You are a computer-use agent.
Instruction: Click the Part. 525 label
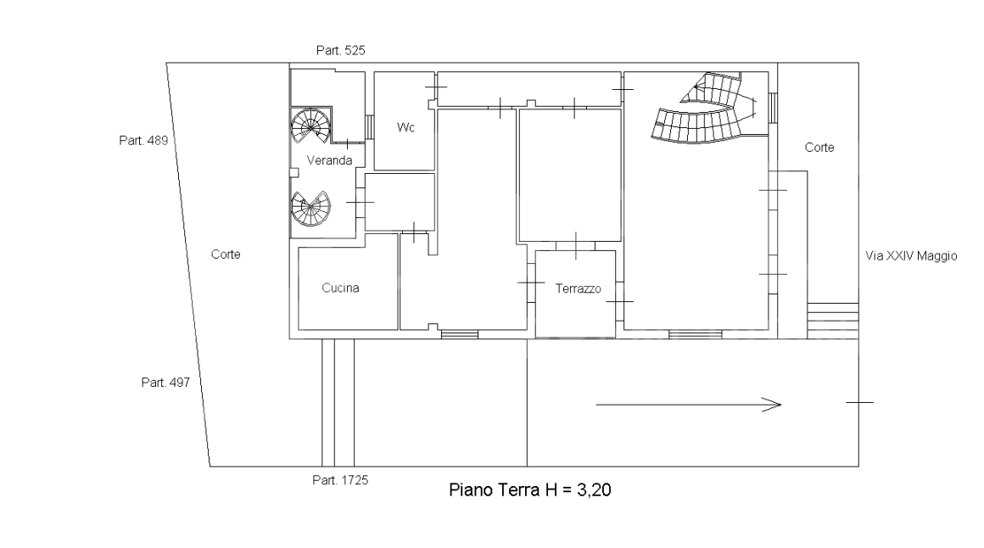tap(340, 51)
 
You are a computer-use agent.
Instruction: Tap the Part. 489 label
tap(143, 140)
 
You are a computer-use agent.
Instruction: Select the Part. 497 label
tap(165, 383)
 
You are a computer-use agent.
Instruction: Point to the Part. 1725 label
tap(340, 480)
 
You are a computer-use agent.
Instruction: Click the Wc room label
tap(405, 127)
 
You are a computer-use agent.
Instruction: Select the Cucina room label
tap(340, 288)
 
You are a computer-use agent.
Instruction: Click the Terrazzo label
tap(578, 289)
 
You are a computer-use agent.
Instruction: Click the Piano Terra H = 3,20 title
tap(527, 490)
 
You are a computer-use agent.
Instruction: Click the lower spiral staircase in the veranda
tap(310, 208)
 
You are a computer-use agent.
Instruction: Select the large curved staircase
tap(704, 110)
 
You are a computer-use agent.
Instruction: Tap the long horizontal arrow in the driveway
tap(688, 405)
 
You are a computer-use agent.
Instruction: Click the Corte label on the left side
tap(226, 254)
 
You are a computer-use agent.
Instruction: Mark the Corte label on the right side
tap(819, 148)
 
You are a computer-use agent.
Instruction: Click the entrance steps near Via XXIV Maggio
tap(831, 320)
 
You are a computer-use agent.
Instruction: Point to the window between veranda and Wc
tap(369, 127)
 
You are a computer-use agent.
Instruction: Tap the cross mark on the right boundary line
tap(858, 402)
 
